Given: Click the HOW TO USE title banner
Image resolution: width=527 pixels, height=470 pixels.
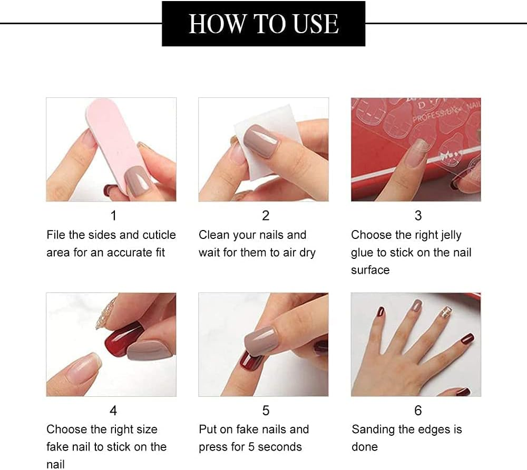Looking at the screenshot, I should (263, 24).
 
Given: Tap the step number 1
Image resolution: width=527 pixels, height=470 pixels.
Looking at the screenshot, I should (113, 215).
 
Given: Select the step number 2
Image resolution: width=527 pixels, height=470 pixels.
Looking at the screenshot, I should (266, 215).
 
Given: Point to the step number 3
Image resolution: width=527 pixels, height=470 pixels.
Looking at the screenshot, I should (418, 215).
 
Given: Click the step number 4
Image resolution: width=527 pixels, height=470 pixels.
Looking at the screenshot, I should (113, 410).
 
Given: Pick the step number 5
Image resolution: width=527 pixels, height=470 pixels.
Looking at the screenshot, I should (266, 410).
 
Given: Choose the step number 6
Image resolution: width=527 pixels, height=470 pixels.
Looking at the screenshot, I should (418, 410).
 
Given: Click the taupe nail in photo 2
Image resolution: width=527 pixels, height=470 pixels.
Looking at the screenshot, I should (261, 141).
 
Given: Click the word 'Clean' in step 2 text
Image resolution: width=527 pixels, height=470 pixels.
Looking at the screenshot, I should (214, 235).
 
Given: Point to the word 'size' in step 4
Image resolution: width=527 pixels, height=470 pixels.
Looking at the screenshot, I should (146, 429).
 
